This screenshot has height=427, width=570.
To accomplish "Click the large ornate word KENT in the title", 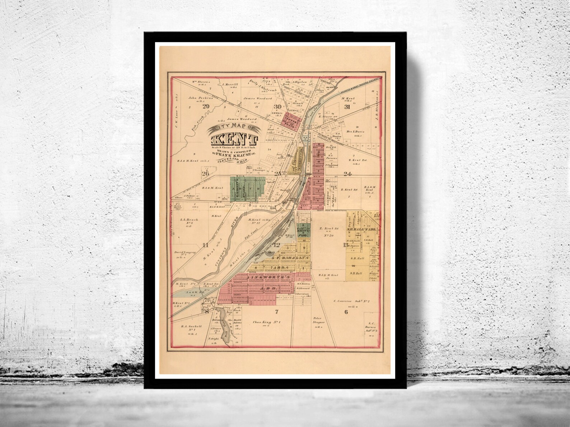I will [x=234, y=139].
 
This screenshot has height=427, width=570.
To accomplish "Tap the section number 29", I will [x=206, y=106].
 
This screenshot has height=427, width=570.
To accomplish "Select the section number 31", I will [x=347, y=106].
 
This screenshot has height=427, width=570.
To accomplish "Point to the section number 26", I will [x=205, y=174].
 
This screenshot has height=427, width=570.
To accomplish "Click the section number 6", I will [x=346, y=312].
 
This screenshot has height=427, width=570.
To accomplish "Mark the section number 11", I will [x=205, y=245].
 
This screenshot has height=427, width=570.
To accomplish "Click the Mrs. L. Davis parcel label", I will [x=356, y=132].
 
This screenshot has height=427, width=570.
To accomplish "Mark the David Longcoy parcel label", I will [x=186, y=252].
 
